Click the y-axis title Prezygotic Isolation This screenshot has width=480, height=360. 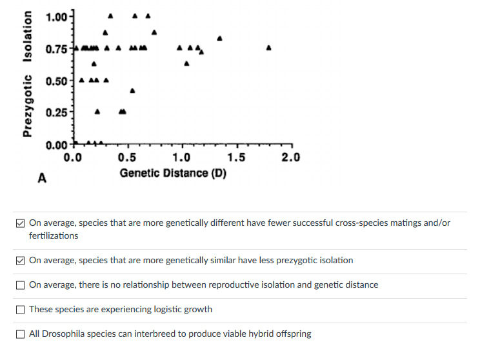tap(27, 75)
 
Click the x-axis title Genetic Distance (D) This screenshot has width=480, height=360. tap(172, 173)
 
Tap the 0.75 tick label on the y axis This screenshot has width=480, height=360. tap(56, 49)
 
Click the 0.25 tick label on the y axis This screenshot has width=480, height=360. tap(56, 113)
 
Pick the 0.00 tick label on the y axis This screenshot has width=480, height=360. tap(56, 145)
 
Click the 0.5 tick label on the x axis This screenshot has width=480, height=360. tap(126, 157)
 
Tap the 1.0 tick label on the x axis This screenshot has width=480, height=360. tap(181, 157)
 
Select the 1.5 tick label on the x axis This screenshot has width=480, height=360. tap(236, 157)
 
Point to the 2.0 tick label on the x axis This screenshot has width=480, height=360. tap(291, 157)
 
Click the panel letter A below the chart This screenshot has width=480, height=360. tap(41, 179)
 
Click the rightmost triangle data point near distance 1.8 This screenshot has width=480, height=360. tap(269, 48)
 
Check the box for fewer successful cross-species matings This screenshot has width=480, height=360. tap(21, 223)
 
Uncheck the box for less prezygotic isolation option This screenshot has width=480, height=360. tap(21, 261)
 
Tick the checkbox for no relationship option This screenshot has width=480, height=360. tap(21, 285)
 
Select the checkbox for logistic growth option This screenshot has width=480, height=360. tap(21, 310)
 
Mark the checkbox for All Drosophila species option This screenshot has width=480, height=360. tap(21, 334)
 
